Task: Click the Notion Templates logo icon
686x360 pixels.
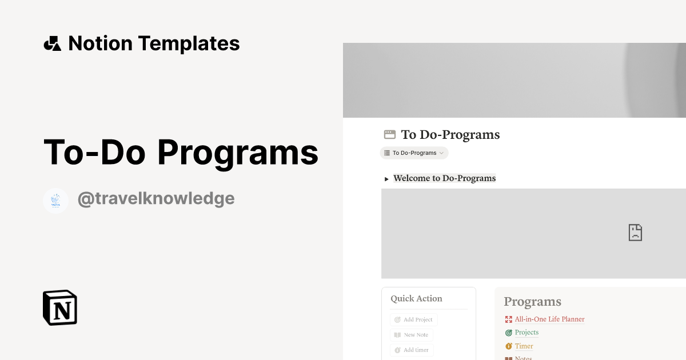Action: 52,43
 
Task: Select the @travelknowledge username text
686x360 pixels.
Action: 155,199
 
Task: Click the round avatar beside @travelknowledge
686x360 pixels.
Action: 55,201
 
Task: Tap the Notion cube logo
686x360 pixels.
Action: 60,307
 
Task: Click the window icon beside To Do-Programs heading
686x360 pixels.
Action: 390,135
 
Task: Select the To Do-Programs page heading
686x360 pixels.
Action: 450,135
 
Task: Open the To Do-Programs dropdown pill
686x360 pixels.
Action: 414,153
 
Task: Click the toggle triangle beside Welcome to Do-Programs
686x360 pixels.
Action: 387,179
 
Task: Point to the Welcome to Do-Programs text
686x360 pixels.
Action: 444,178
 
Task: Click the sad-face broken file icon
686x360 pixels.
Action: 635,233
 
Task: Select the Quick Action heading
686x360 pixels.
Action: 416,298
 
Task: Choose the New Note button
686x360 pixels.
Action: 412,335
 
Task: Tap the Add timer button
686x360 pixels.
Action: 412,350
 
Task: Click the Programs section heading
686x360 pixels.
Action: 532,302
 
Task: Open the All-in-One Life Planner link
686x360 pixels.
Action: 549,319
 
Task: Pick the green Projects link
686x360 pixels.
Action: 527,333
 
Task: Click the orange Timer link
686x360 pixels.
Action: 524,346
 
